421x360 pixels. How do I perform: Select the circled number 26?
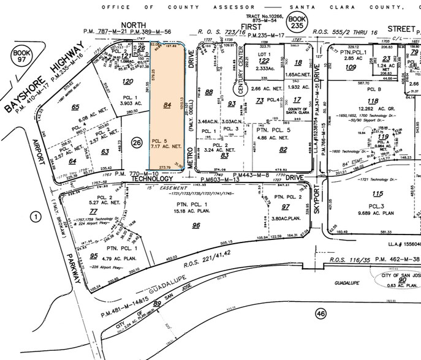point(136,143)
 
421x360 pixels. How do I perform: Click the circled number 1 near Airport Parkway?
point(36,216)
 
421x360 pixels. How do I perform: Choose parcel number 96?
point(196,225)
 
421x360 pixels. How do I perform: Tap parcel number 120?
point(127,81)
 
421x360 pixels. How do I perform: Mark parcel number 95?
point(94,256)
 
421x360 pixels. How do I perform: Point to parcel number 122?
point(264,61)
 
